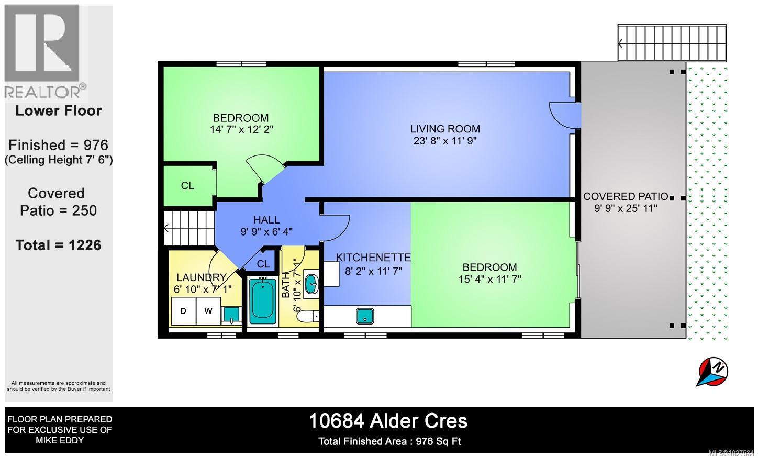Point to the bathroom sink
tap(311, 285)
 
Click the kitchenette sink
tap(364, 316)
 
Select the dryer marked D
tap(183, 311)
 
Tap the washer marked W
tap(208, 311)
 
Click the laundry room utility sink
tap(231, 314)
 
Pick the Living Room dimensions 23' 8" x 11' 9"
tap(444, 141)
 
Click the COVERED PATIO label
tap(626, 196)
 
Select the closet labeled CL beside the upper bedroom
tap(188, 186)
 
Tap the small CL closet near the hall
tap(263, 264)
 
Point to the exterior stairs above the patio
tap(672, 43)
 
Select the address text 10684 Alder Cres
tap(388, 421)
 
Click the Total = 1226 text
tap(58, 245)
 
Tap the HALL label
tap(266, 220)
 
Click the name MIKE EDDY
tap(59, 440)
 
